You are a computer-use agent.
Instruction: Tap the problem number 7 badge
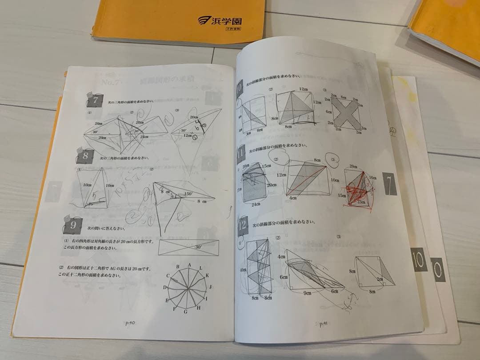point(96,100)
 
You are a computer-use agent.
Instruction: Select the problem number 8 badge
point(85,156)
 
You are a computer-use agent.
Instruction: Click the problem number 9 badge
point(72,226)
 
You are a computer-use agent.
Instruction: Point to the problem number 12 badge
point(243,225)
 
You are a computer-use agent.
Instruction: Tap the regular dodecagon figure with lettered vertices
point(188,288)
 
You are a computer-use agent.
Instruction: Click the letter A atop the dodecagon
point(189,264)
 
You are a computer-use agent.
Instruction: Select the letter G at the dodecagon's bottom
point(186,312)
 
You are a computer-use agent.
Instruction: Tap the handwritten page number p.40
point(130,323)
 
